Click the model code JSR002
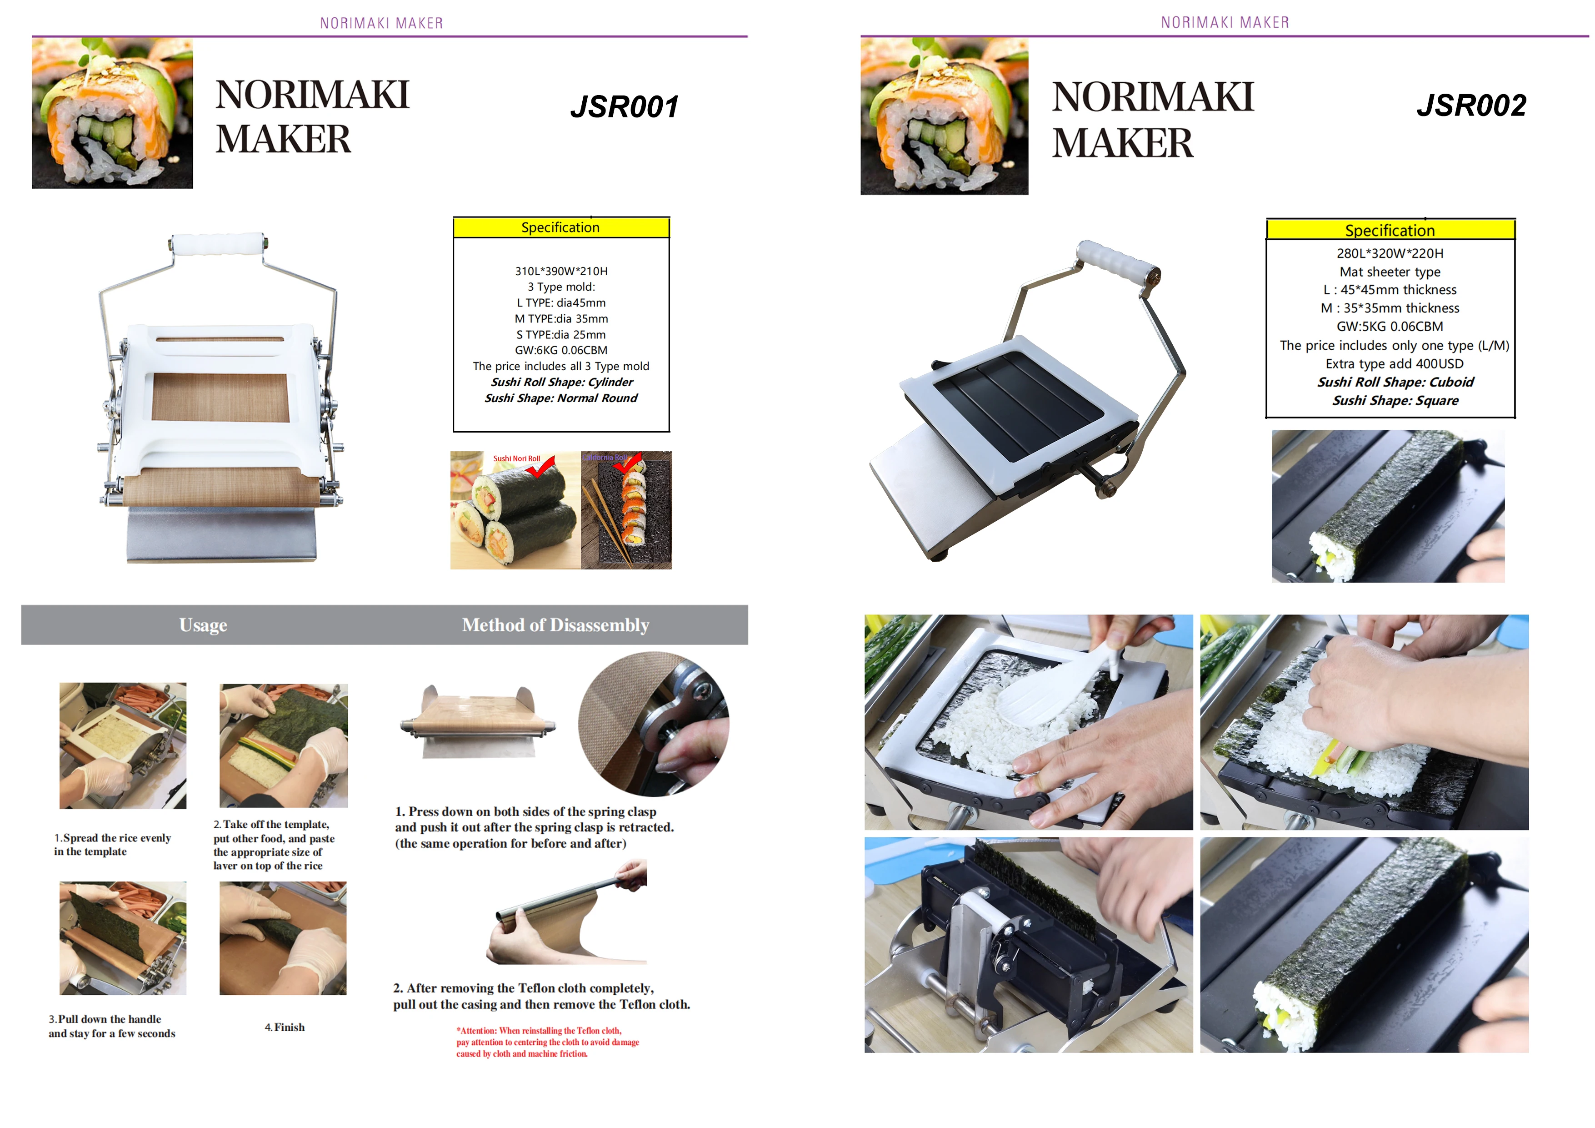[1471, 105]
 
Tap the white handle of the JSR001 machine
[217, 245]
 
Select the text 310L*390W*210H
[561, 271]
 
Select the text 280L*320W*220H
[1390, 254]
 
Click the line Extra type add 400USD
[1394, 363]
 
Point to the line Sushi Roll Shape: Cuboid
[1395, 382]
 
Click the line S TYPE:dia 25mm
[561, 334]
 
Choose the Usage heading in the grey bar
[203, 625]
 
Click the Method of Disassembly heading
[556, 625]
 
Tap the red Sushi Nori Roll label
[516, 459]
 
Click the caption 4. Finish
[285, 1027]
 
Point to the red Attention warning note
[547, 1042]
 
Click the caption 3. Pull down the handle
[112, 1026]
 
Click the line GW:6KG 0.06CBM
[561, 350]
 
